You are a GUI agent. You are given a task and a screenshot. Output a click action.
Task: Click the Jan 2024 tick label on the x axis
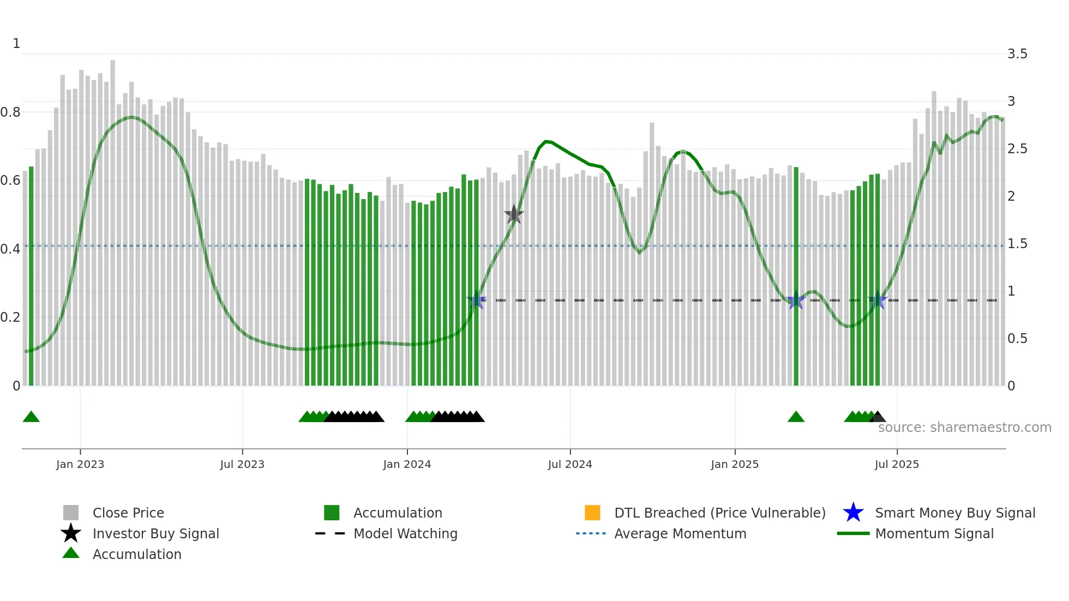click(x=407, y=464)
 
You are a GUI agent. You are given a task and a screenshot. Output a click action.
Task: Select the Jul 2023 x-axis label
click(x=242, y=464)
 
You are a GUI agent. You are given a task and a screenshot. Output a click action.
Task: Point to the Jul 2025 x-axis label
click(x=897, y=464)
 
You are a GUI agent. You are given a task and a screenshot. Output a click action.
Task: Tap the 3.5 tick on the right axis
click(x=1017, y=54)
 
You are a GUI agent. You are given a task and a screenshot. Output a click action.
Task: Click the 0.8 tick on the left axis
click(x=10, y=112)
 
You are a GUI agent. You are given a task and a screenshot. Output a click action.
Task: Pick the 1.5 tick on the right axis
click(x=1017, y=244)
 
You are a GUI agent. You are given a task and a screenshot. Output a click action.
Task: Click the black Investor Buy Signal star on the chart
click(x=513, y=215)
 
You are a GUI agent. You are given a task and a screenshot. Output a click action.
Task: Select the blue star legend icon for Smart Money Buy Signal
click(x=853, y=513)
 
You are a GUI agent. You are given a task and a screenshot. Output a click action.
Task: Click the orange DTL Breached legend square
click(x=592, y=513)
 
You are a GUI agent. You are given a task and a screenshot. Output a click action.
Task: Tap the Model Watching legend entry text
click(x=405, y=533)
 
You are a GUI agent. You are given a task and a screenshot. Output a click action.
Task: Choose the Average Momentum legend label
click(x=680, y=533)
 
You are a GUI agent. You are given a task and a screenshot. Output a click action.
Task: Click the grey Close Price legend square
click(x=71, y=513)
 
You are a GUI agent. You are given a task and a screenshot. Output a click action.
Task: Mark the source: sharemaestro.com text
click(x=964, y=428)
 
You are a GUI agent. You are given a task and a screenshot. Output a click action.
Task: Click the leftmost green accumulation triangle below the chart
click(x=31, y=417)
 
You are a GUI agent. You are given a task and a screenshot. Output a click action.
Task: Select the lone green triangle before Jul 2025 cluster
click(x=796, y=417)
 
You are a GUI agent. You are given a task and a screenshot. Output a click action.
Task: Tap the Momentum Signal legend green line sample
click(x=853, y=533)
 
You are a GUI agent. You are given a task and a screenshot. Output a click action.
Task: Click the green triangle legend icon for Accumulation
click(x=71, y=553)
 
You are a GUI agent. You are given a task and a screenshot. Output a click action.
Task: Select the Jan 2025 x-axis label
click(x=735, y=464)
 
